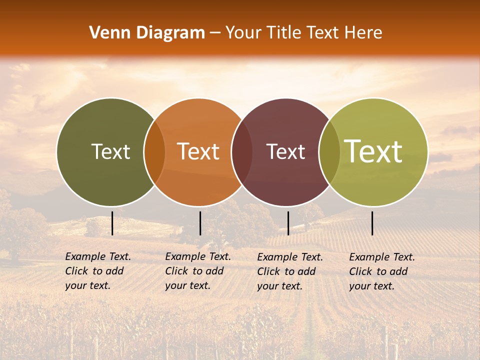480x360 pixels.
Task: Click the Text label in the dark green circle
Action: (x=110, y=151)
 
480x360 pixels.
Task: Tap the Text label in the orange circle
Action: (x=198, y=151)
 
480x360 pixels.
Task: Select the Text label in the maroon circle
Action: (x=285, y=151)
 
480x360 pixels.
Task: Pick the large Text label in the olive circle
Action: (x=373, y=151)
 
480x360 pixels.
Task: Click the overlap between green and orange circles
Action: (x=154, y=152)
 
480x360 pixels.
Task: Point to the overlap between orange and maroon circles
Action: (x=242, y=152)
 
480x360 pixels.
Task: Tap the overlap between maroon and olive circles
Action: (x=329, y=152)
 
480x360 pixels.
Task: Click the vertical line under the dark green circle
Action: (x=112, y=223)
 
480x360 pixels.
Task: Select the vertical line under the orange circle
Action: (x=200, y=223)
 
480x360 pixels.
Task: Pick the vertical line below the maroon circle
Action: (x=288, y=223)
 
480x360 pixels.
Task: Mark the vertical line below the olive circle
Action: (x=372, y=223)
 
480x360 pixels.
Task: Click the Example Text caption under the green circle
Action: (x=97, y=271)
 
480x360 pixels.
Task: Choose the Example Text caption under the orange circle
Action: (x=197, y=271)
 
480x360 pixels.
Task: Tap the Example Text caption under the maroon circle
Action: (x=289, y=271)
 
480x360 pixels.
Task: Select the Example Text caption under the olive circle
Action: (x=381, y=271)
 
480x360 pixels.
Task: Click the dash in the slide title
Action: (x=215, y=33)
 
